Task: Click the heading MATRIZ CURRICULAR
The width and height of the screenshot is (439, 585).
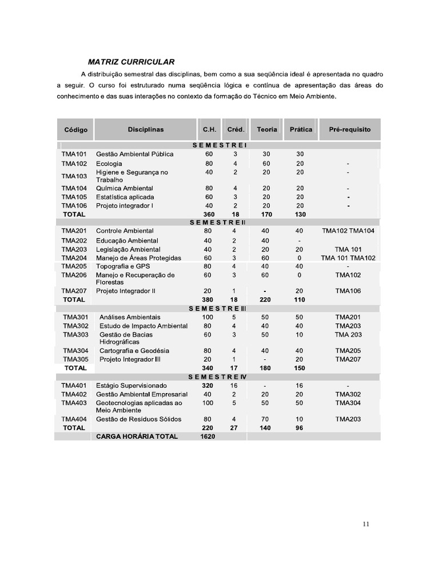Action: pos(131,62)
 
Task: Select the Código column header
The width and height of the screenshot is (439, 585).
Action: pos(76,130)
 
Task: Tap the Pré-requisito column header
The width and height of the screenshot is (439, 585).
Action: pos(350,129)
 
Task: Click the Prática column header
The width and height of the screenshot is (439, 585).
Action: pos(301,129)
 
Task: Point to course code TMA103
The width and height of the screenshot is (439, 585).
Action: pos(74,176)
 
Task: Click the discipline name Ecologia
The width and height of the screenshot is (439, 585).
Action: pos(109,163)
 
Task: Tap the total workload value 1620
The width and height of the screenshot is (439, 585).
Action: pos(209,436)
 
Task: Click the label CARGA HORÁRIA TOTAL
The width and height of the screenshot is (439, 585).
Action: pos(137,436)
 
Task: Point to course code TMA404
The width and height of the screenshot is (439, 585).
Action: pos(74,419)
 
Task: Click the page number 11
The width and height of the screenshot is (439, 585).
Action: pos(366,526)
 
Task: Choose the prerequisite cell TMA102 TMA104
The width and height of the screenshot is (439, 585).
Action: pos(348,231)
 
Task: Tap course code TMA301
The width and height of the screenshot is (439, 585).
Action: pos(75,317)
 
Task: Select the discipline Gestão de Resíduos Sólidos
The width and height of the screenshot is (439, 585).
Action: pos(139,419)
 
